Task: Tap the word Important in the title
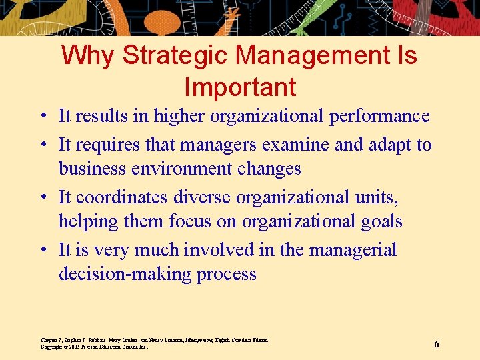(240, 87)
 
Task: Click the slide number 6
(437, 344)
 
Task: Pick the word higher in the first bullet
(180, 117)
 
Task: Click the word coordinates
(122, 197)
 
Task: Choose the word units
(379, 197)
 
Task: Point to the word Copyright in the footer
(51, 347)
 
